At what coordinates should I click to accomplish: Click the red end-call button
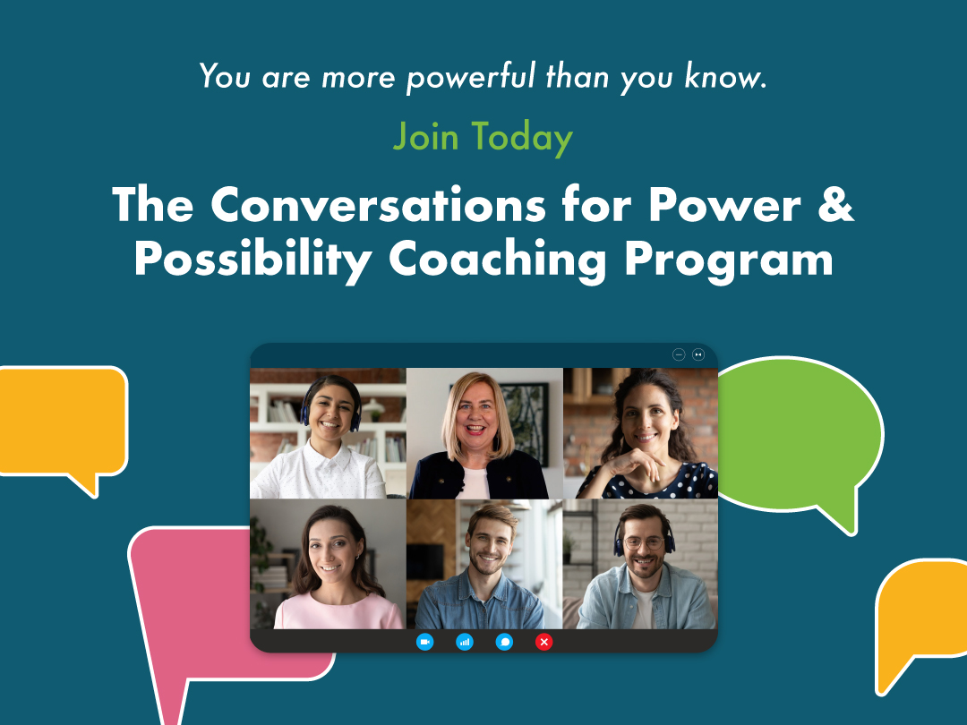[544, 642]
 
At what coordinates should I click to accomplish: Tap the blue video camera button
[425, 642]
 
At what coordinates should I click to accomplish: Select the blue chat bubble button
[504, 642]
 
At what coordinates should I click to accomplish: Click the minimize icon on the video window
[679, 354]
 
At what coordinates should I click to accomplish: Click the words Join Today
[483, 137]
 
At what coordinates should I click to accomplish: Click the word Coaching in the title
[497, 260]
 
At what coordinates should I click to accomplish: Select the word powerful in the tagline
[471, 77]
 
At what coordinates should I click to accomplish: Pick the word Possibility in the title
[252, 260]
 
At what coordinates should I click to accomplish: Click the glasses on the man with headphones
[644, 543]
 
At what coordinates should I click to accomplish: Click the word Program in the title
[729, 260]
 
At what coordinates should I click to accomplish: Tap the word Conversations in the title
[378, 204]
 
